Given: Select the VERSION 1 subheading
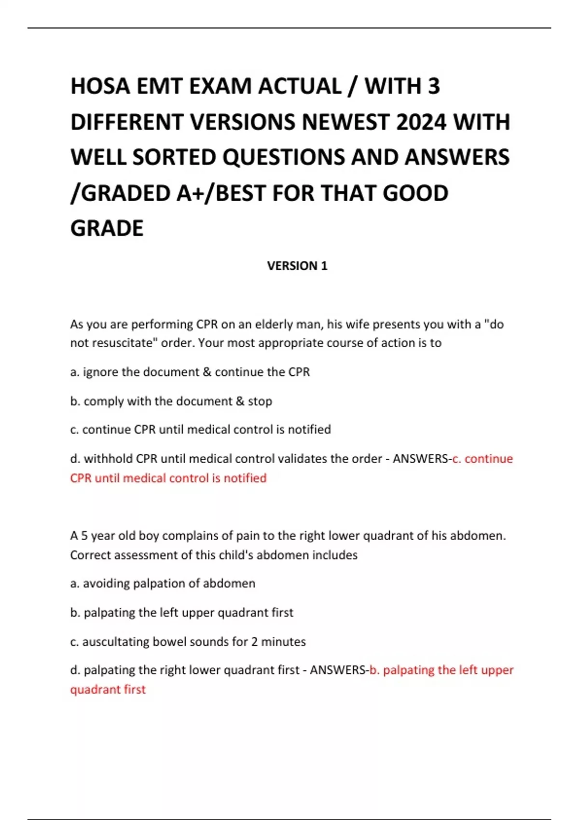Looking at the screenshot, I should coord(297,266).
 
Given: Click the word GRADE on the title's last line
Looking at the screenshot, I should coord(107,228).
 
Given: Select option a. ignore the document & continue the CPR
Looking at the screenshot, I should coord(190,372).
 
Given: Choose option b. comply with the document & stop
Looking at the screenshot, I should coord(171,401).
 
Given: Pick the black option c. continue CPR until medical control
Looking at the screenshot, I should coord(200,429).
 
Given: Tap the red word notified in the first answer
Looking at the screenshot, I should coord(245,478).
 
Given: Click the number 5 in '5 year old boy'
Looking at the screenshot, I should coord(84,535).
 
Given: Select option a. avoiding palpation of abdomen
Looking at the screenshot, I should coord(163,583).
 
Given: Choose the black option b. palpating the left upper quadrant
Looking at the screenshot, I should coord(181,612).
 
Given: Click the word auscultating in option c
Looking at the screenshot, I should coord(115,642).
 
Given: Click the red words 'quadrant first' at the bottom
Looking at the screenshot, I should coord(108,689).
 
